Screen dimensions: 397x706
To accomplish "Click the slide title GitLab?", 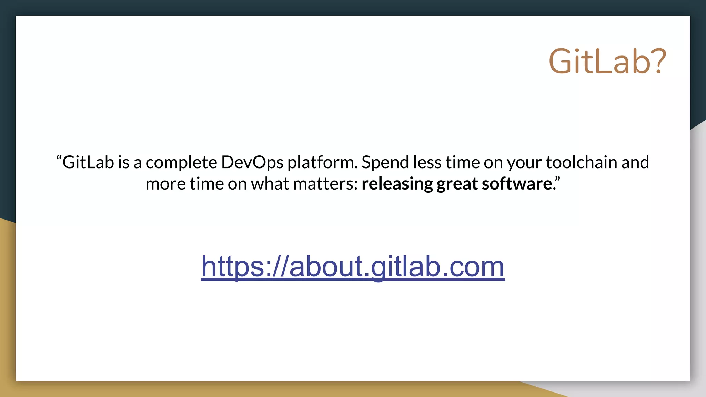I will point(607,61).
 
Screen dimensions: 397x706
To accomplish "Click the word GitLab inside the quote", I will point(88,162).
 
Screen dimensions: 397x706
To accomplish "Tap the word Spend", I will point(385,162).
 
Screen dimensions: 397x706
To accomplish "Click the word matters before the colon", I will point(323,184).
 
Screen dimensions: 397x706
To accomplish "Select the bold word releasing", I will point(397,184).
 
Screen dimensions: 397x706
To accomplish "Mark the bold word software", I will point(516,184).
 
